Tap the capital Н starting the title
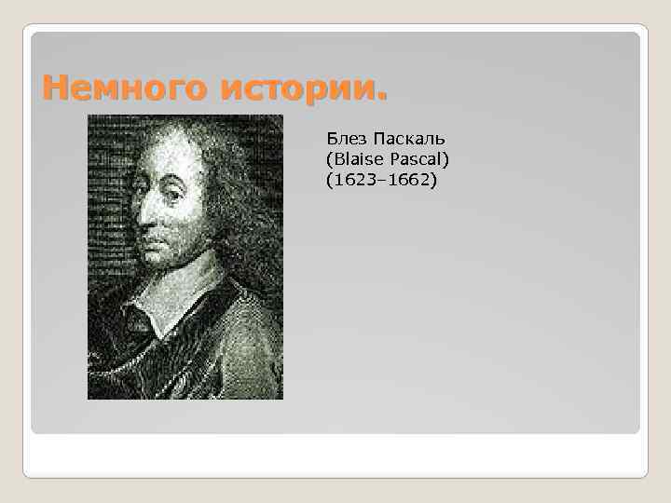[x=54, y=89]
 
